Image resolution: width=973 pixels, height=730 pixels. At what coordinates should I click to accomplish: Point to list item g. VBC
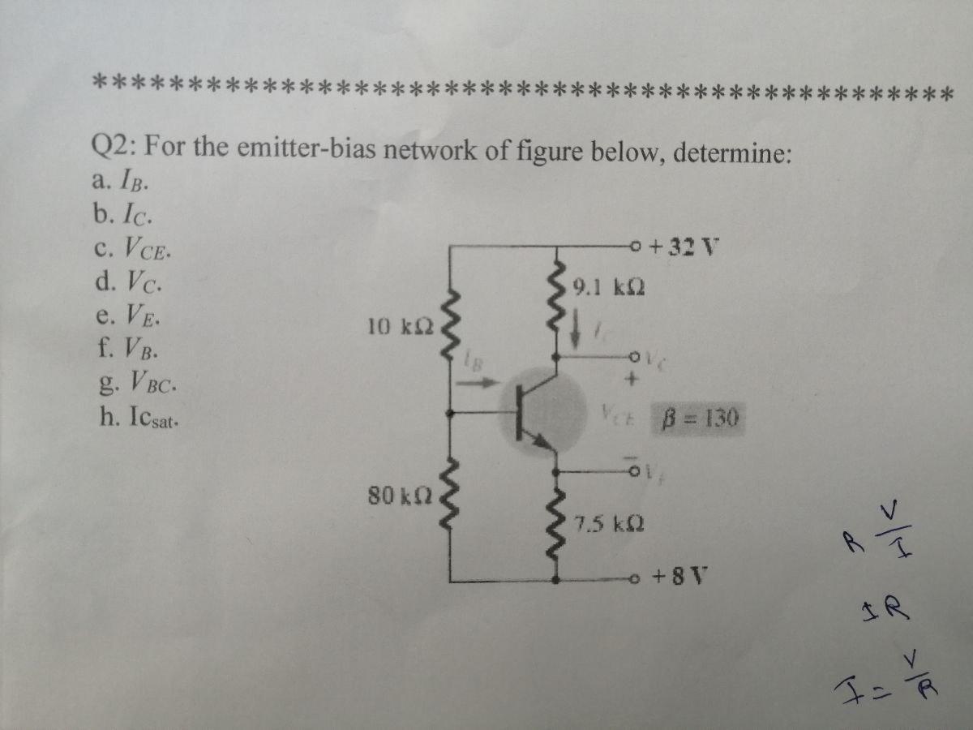[x=135, y=384]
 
